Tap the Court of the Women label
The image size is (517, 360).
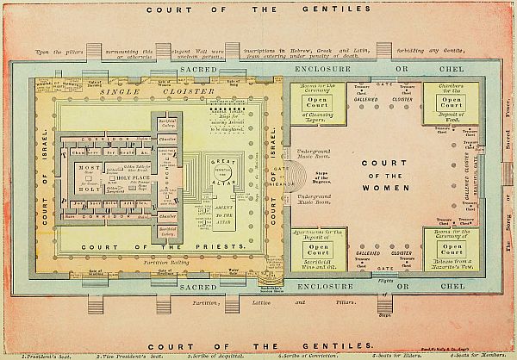pos(368,177)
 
